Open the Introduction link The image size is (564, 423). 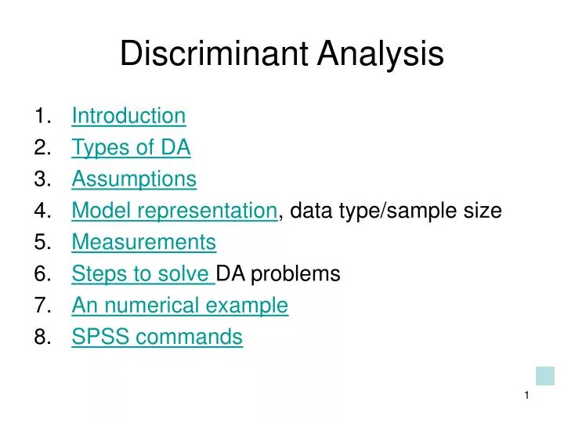128,116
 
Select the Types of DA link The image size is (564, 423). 131,147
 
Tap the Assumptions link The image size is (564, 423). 134,179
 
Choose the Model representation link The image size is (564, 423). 175,211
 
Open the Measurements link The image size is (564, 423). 143,242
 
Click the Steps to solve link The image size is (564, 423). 142,273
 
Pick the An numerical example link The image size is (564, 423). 180,305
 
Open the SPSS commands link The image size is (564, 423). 157,337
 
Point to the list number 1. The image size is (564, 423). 42,116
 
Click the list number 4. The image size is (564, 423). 42,211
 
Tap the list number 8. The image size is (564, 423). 42,337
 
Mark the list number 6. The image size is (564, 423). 42,273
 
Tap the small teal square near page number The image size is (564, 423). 544,375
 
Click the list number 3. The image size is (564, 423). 42,179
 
